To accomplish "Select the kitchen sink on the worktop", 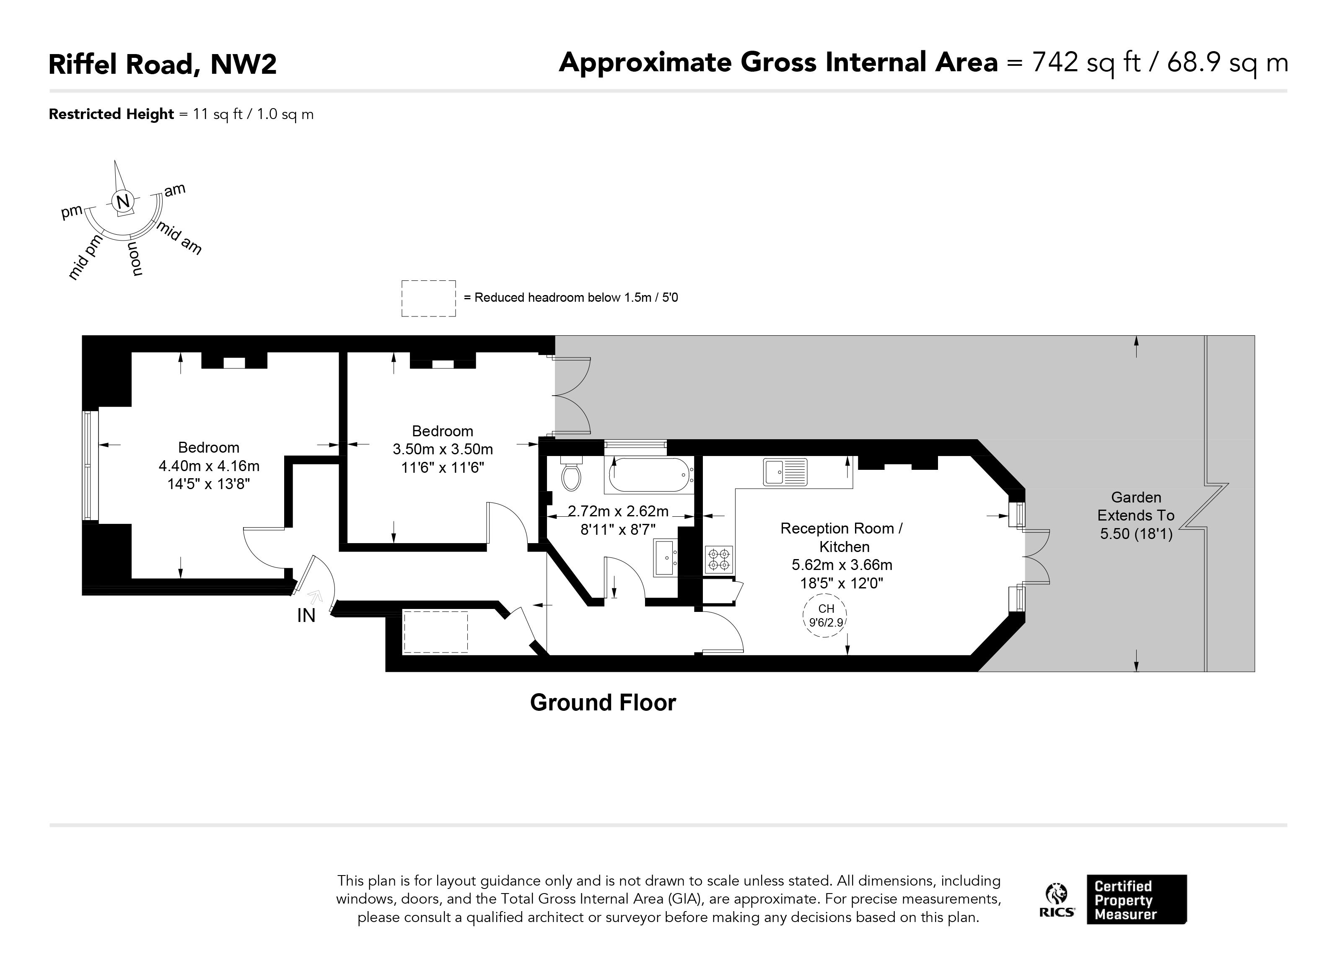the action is [x=785, y=471].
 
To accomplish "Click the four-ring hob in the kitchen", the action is [x=719, y=560].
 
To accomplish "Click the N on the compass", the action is [x=123, y=202].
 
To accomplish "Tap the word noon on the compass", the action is [x=135, y=259].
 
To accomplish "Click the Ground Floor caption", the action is [x=602, y=703].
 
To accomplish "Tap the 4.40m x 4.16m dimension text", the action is [x=209, y=466].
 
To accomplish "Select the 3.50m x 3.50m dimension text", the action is [x=443, y=449].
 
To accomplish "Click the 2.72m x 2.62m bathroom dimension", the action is [x=618, y=510].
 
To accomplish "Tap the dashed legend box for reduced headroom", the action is [x=429, y=298].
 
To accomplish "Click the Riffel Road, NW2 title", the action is [x=163, y=64].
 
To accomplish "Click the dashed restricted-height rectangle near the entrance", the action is [x=435, y=632].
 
